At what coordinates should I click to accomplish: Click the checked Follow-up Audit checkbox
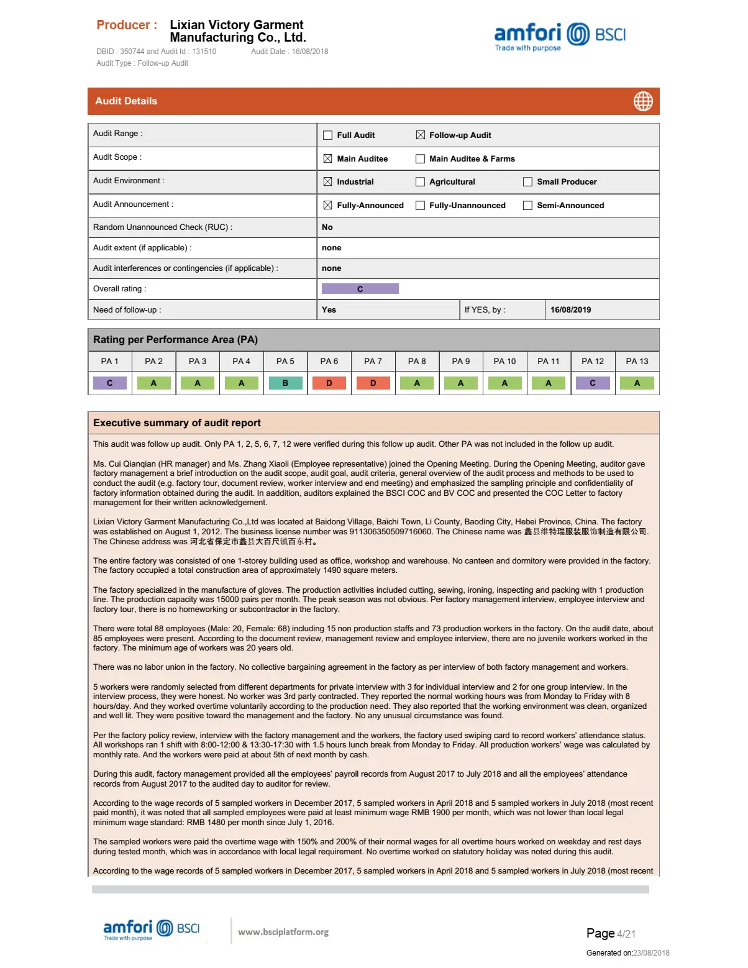[421, 135]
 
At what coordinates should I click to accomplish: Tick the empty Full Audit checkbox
[328, 135]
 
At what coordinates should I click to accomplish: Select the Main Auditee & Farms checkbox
[421, 158]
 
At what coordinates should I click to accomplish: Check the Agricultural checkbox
[421, 182]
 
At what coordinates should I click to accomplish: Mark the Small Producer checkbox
[528, 182]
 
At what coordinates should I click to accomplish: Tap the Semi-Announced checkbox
[528, 206]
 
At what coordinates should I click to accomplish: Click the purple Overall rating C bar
[360, 289]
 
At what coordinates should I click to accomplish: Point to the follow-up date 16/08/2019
[570, 310]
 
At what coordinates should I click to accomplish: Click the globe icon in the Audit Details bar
[643, 101]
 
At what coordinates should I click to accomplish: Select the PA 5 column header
[285, 362]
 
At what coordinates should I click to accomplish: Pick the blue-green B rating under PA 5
[285, 383]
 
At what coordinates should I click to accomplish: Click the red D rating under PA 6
[329, 383]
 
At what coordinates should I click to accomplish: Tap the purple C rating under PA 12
[592, 383]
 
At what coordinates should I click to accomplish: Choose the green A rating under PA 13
[637, 383]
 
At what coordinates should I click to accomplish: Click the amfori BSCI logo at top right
[559, 36]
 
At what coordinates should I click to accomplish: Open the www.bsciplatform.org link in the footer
[283, 932]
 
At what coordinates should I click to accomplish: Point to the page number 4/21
[626, 934]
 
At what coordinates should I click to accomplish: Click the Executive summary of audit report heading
[177, 423]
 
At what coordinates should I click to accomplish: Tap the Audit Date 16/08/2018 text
[290, 52]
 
